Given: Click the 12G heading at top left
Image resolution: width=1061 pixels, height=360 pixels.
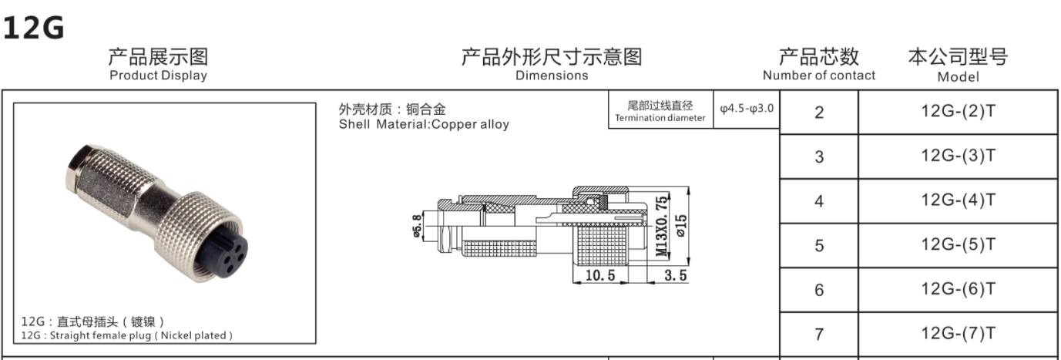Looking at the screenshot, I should (33, 29).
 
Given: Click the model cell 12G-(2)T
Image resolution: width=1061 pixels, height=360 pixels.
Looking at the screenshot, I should (958, 111).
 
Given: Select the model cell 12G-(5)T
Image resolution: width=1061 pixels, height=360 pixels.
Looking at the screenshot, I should (958, 244).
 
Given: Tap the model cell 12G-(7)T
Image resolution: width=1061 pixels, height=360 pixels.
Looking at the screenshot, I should (958, 333).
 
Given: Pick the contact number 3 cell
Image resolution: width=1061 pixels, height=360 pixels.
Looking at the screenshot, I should (819, 157).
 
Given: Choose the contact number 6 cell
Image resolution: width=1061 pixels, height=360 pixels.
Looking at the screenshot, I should (819, 290).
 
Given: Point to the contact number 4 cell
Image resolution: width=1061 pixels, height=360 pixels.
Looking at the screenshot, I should (819, 201).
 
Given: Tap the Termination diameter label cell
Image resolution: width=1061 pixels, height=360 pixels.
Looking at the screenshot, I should (660, 111).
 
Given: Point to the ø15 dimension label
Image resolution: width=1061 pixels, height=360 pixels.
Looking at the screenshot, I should (681, 225).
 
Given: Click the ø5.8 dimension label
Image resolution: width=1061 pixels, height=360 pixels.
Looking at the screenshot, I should (418, 226).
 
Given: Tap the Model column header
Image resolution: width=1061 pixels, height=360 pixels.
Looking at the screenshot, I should (958, 65).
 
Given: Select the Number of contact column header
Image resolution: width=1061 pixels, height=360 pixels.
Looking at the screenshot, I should (819, 65).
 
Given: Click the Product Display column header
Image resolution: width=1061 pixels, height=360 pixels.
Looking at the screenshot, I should (158, 65).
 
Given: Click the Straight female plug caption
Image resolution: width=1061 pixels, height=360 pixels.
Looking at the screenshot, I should (126, 335).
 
